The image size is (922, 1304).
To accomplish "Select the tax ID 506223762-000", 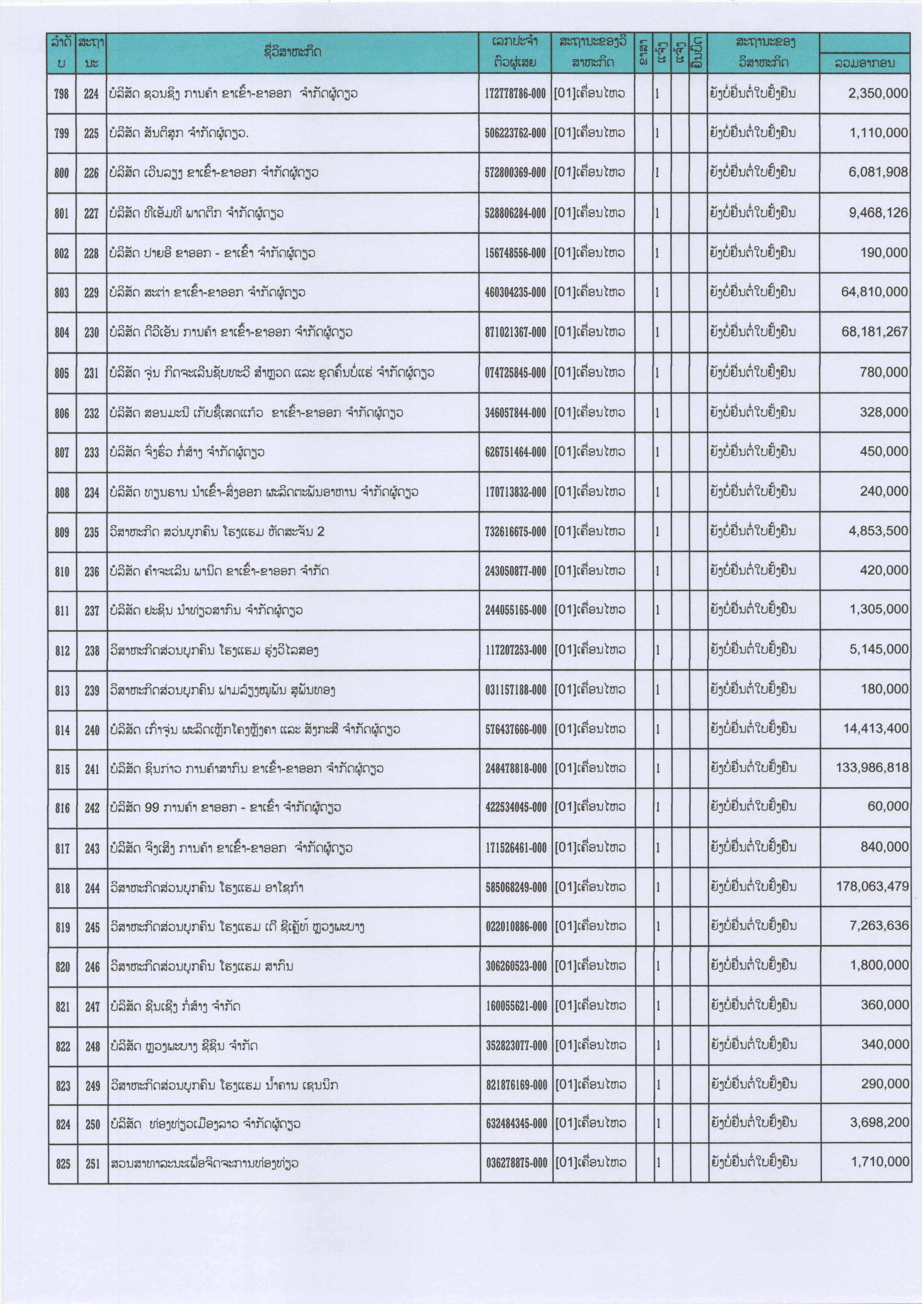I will coord(515,133).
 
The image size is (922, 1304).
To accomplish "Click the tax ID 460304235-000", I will coord(515,293).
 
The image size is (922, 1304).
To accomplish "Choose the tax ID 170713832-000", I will coord(515,492).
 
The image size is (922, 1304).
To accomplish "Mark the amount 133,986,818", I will coord(872,768).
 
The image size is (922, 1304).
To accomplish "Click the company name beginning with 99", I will coord(225,808).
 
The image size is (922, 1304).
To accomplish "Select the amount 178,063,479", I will coord(872,886).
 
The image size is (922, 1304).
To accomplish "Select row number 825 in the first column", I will coord(63,1164).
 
